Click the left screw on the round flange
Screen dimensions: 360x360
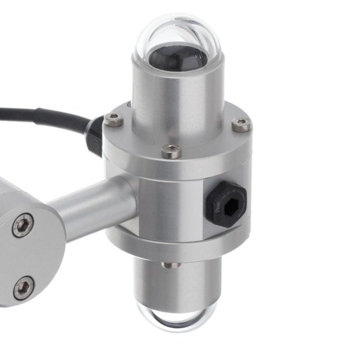[x=113, y=119]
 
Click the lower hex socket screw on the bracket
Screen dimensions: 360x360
[x=23, y=287]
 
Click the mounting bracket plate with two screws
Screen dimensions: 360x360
[x=28, y=256]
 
